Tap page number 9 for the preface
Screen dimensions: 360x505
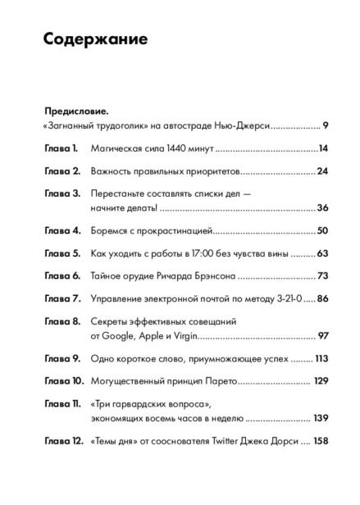pyautogui.click(x=326, y=126)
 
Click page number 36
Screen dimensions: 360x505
pyautogui.click(x=322, y=210)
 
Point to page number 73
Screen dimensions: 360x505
pyautogui.click(x=322, y=278)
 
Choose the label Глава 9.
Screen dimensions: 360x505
pyautogui.click(x=60, y=362)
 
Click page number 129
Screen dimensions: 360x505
pyautogui.click(x=321, y=384)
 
